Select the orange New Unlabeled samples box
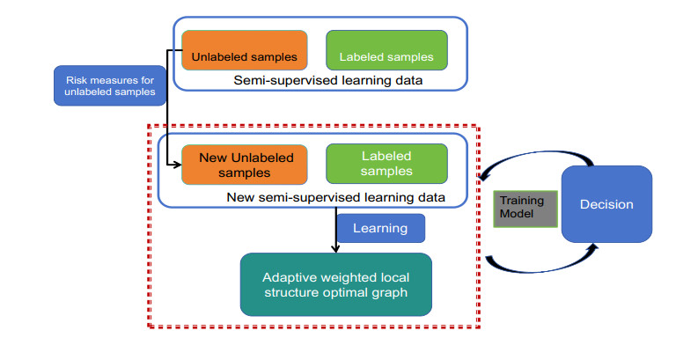tap(244, 163)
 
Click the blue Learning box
tap(380, 228)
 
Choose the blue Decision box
tap(606, 204)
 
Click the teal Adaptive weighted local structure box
tap(336, 283)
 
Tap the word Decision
tap(606, 204)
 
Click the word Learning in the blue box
tap(380, 228)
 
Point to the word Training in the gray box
tap(522, 201)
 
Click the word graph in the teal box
tap(387, 292)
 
